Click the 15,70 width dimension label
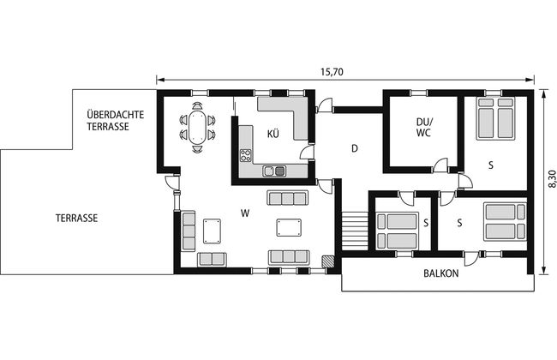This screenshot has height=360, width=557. pyautogui.click(x=332, y=72)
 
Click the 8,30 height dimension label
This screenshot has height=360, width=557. pyautogui.click(x=552, y=179)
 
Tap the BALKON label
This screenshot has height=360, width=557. pyautogui.click(x=440, y=273)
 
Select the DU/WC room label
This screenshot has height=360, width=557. pyautogui.click(x=424, y=127)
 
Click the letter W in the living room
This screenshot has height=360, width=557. pyautogui.click(x=245, y=213)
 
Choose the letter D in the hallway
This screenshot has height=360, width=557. pyautogui.click(x=354, y=148)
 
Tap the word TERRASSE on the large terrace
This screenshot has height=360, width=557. pyautogui.click(x=76, y=218)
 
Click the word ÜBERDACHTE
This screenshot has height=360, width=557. pyautogui.click(x=116, y=115)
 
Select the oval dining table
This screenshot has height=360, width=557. pyautogui.click(x=197, y=127)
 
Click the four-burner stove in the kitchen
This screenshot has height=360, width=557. pyautogui.click(x=245, y=156)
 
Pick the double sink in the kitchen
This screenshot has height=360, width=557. pyautogui.click(x=274, y=171)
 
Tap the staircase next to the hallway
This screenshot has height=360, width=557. pyautogui.click(x=355, y=231)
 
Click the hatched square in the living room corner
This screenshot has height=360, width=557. pyautogui.click(x=328, y=261)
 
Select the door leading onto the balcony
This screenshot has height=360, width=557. pyautogui.click(x=470, y=258)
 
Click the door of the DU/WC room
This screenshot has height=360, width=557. pyautogui.click(x=440, y=165)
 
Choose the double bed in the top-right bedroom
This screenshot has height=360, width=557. pyautogui.click(x=495, y=118)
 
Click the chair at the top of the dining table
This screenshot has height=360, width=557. pyautogui.click(x=197, y=106)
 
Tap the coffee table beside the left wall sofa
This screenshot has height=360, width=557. pyautogui.click(x=212, y=231)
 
